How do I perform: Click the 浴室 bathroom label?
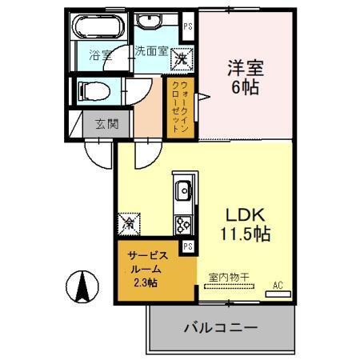coord(99,55)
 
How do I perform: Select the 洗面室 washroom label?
coord(150,50)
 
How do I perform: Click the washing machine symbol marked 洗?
coord(182,58)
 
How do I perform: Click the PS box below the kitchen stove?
coord(188,246)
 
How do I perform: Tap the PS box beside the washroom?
coord(188,26)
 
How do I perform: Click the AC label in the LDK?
coord(278,285)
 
